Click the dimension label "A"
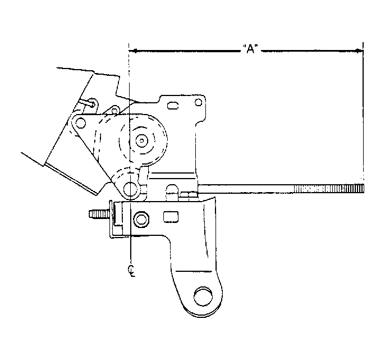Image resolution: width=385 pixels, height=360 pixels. [250, 49]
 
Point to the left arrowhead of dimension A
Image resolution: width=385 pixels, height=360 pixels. [132, 51]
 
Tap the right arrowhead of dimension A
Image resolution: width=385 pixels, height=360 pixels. [359, 51]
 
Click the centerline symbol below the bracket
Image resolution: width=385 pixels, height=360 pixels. [132, 271]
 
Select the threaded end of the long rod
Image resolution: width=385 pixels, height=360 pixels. [329, 189]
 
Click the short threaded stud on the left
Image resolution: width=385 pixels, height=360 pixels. [99, 215]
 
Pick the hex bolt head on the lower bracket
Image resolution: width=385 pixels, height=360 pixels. [141, 219]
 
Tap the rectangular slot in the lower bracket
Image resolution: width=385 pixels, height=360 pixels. [171, 217]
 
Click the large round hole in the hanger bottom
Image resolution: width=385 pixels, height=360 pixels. [203, 297]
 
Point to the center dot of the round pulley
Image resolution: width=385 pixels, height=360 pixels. [141, 140]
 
